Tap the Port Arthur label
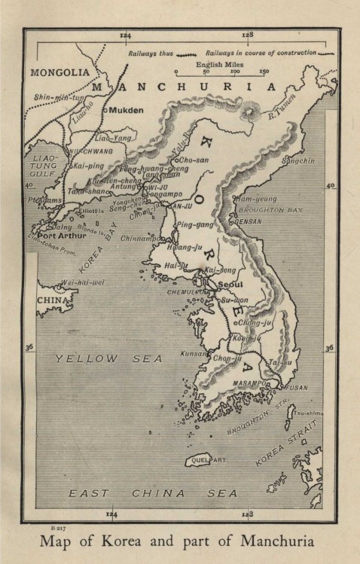tap(63, 234)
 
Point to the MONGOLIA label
tap(55, 73)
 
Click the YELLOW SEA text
tap(108, 359)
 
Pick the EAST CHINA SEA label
tap(153, 494)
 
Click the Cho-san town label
tap(194, 160)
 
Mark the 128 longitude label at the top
tap(247, 35)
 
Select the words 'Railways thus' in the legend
tap(151, 54)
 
